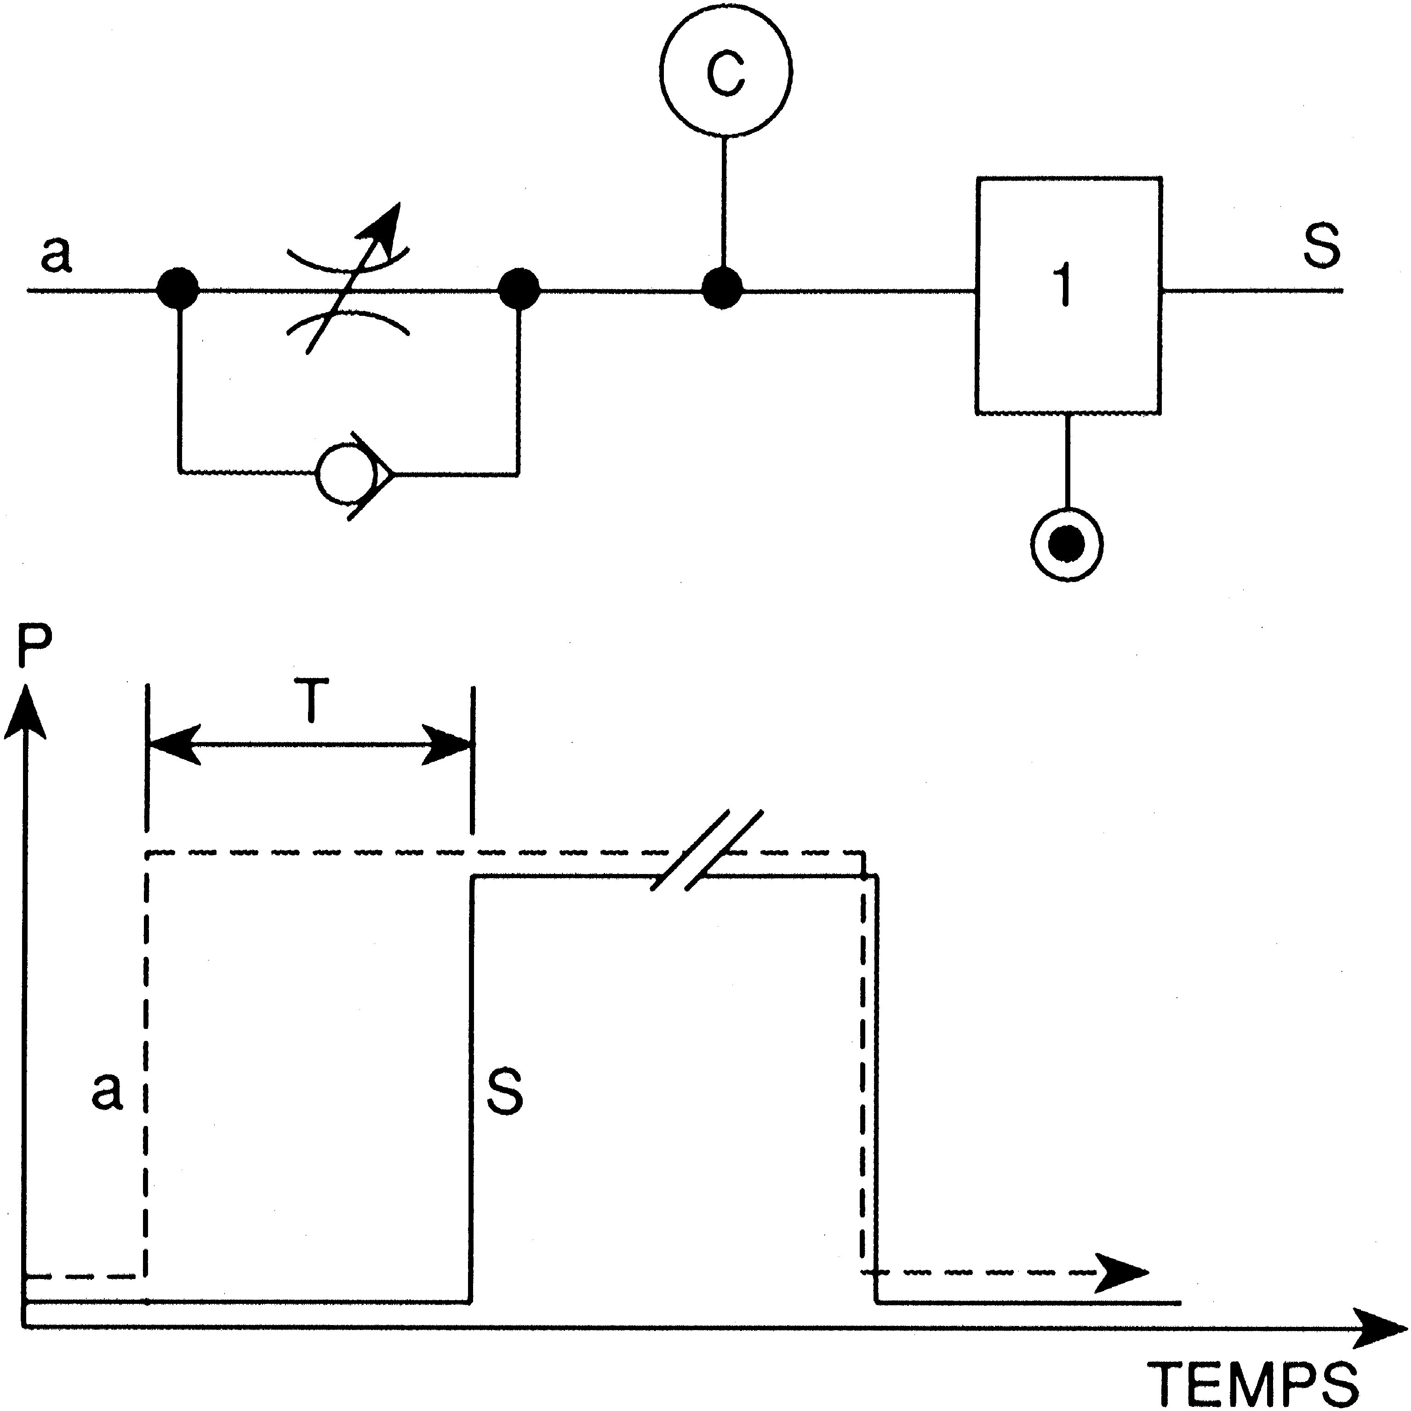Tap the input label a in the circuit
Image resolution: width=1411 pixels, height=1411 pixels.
pos(56,255)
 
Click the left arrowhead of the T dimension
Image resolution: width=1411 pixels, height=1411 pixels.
pos(175,745)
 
